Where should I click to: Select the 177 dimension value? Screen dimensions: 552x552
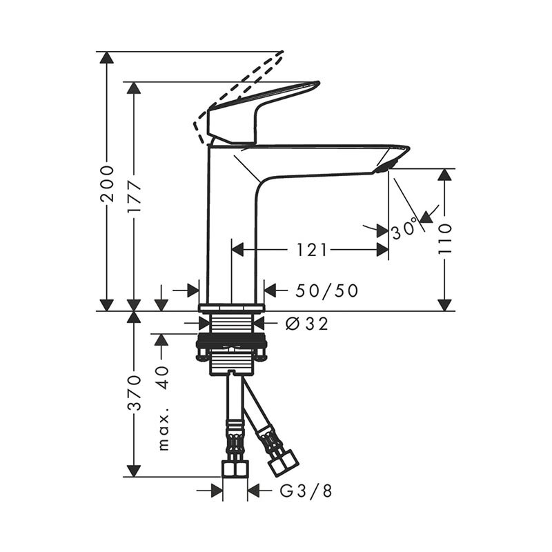(135, 197)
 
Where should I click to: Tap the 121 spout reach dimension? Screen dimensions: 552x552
(312, 250)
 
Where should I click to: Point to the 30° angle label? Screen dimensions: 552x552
(405, 228)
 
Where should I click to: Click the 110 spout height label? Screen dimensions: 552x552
(444, 238)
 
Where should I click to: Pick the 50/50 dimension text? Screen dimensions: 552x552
(327, 290)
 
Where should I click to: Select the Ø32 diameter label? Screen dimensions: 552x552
(306, 323)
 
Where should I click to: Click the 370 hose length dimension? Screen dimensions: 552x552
(135, 393)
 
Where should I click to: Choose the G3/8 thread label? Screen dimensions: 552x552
(306, 491)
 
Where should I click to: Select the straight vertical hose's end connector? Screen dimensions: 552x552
(236, 468)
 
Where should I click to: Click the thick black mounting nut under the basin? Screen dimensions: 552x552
(232, 342)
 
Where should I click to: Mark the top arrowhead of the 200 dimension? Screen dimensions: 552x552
(106, 57)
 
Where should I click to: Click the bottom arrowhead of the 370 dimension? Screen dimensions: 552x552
(134, 471)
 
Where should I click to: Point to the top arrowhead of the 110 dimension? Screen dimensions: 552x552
(444, 174)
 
